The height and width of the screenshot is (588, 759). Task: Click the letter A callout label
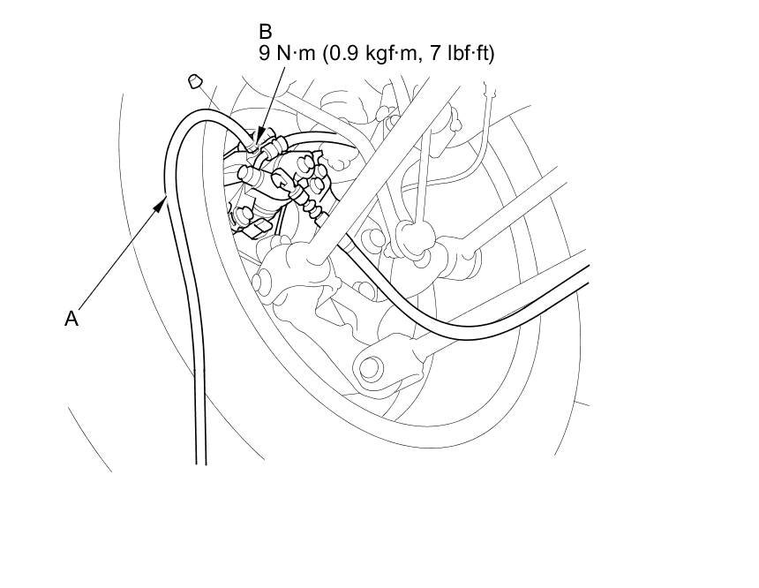pos(71,319)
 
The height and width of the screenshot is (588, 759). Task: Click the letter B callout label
pos(266,33)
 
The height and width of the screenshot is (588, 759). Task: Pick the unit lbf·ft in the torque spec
pos(466,54)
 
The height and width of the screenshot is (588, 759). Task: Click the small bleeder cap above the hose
pos(196,83)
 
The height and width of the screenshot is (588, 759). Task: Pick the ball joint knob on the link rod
pos(410,235)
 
